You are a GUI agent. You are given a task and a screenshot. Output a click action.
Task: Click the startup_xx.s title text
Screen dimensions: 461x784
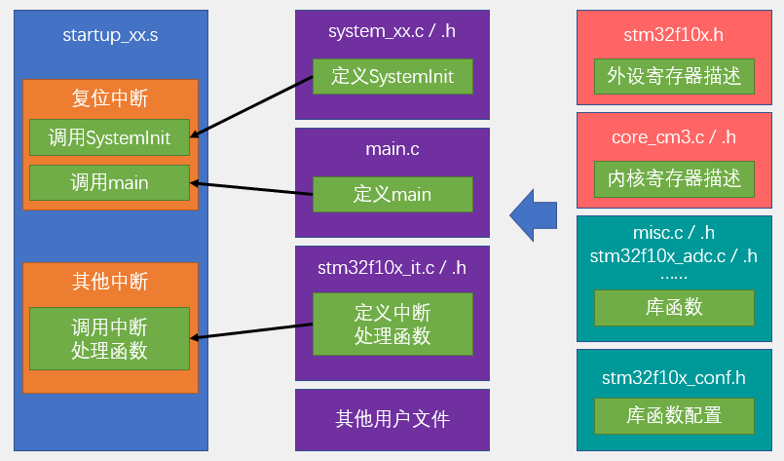pyautogui.click(x=110, y=36)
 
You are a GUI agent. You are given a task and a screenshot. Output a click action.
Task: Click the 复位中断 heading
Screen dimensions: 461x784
pyautogui.click(x=110, y=98)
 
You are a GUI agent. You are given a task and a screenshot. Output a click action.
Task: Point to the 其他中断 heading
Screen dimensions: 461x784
pyautogui.click(x=110, y=282)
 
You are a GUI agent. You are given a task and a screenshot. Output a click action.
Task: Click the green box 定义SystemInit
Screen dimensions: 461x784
pyautogui.click(x=392, y=77)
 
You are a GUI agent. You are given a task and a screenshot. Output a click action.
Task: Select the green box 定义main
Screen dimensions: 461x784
pyautogui.click(x=392, y=194)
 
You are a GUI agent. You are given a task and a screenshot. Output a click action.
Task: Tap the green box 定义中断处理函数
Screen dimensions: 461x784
pyautogui.click(x=392, y=325)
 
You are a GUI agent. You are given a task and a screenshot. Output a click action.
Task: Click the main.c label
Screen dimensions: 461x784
pyautogui.click(x=392, y=150)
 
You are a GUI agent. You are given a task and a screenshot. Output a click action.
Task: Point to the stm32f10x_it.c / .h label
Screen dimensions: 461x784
pyautogui.click(x=392, y=267)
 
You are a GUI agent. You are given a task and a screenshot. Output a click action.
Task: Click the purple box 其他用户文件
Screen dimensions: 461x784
pyautogui.click(x=392, y=419)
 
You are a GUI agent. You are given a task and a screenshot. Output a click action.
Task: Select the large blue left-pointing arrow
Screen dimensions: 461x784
pyautogui.click(x=534, y=214)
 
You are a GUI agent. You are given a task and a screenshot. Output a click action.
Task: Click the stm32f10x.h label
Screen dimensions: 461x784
pyautogui.click(x=674, y=36)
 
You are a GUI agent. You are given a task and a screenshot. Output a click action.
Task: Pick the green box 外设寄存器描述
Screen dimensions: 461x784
pyautogui.click(x=674, y=75)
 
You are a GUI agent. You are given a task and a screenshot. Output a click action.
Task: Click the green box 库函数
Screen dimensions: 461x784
pyautogui.click(x=674, y=308)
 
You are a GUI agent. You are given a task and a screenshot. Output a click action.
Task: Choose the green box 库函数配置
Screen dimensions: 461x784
pyautogui.click(x=674, y=415)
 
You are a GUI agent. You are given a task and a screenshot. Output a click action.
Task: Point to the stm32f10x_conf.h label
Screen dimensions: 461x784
pyautogui.click(x=674, y=376)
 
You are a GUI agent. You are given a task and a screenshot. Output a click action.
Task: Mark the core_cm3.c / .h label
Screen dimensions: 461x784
pyautogui.click(x=674, y=137)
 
